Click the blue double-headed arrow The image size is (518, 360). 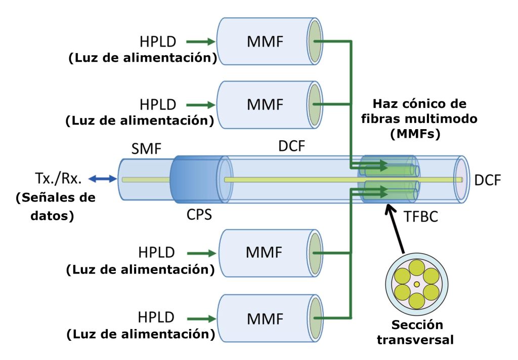[103, 178]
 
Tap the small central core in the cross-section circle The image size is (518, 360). [416, 285]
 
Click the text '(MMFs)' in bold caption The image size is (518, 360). [419, 135]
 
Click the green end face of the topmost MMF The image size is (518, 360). [316, 41]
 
